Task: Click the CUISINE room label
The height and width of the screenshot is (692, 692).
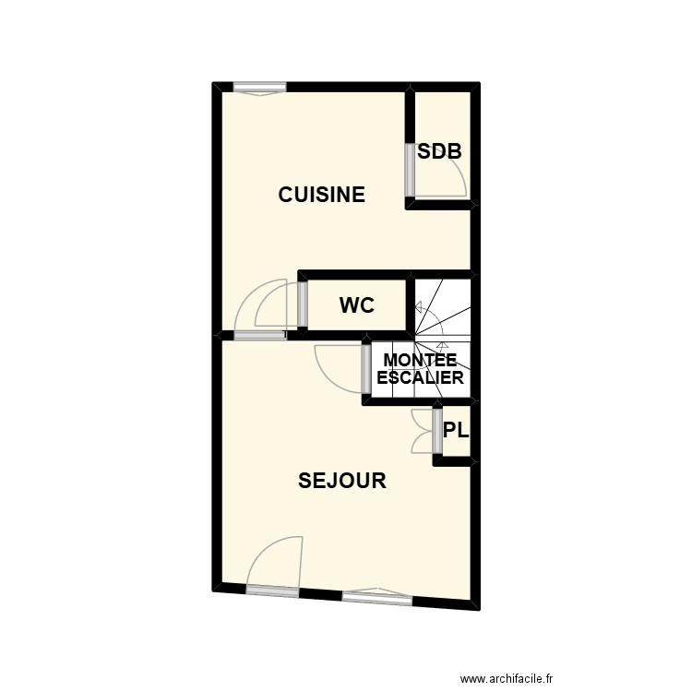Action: coord(322,195)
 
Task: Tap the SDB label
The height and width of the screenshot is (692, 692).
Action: coord(439,152)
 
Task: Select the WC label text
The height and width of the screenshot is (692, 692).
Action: coord(357,305)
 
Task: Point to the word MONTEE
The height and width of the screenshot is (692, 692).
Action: coord(420,360)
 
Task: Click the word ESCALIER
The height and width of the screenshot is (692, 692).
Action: coord(420,377)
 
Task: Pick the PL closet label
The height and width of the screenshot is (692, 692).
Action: coord(456,430)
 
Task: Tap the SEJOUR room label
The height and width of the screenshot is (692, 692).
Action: coord(341,481)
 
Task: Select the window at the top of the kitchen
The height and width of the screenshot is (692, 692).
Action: coord(259,88)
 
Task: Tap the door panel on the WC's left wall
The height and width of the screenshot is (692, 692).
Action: coord(302,304)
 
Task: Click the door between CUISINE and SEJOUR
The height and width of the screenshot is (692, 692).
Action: coord(259,336)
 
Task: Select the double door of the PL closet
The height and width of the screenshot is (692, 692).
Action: coord(424,430)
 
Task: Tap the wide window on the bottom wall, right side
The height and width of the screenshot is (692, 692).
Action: coord(376,599)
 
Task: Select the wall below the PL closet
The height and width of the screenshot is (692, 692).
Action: coord(454,460)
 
